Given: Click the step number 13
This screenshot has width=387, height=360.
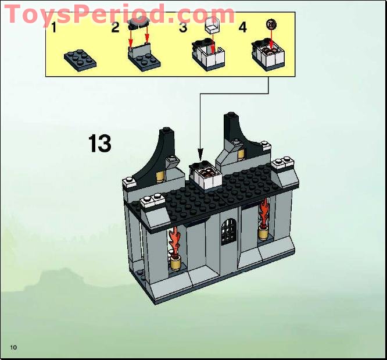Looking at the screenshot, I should (x=99, y=144).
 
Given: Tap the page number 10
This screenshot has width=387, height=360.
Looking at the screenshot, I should (x=13, y=347).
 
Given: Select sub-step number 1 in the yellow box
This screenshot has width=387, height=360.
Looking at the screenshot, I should (x=53, y=27).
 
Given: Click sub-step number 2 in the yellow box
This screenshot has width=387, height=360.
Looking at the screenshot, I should (x=115, y=27).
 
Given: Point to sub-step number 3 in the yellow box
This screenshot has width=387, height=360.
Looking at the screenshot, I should (x=182, y=27).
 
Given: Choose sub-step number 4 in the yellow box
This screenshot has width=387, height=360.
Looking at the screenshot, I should (x=242, y=27).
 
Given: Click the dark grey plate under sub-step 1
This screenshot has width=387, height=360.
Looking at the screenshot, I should (x=80, y=59).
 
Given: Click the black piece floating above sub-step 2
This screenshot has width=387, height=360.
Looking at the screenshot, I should (x=139, y=24).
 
